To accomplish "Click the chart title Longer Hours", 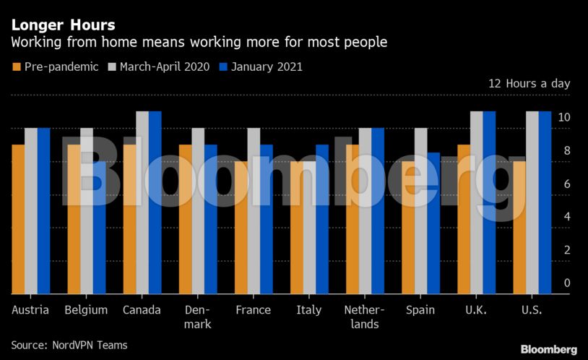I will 63,25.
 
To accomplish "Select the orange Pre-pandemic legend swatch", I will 17,67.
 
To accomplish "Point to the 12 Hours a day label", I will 529,84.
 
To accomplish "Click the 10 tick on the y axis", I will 565,118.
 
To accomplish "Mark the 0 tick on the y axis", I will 567,283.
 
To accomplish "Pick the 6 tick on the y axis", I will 567,184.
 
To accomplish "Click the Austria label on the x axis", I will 31,310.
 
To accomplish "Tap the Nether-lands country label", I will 365,317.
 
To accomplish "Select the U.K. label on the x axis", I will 476,310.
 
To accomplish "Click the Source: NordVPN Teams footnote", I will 69,346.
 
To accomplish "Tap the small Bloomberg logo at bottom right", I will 548,350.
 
